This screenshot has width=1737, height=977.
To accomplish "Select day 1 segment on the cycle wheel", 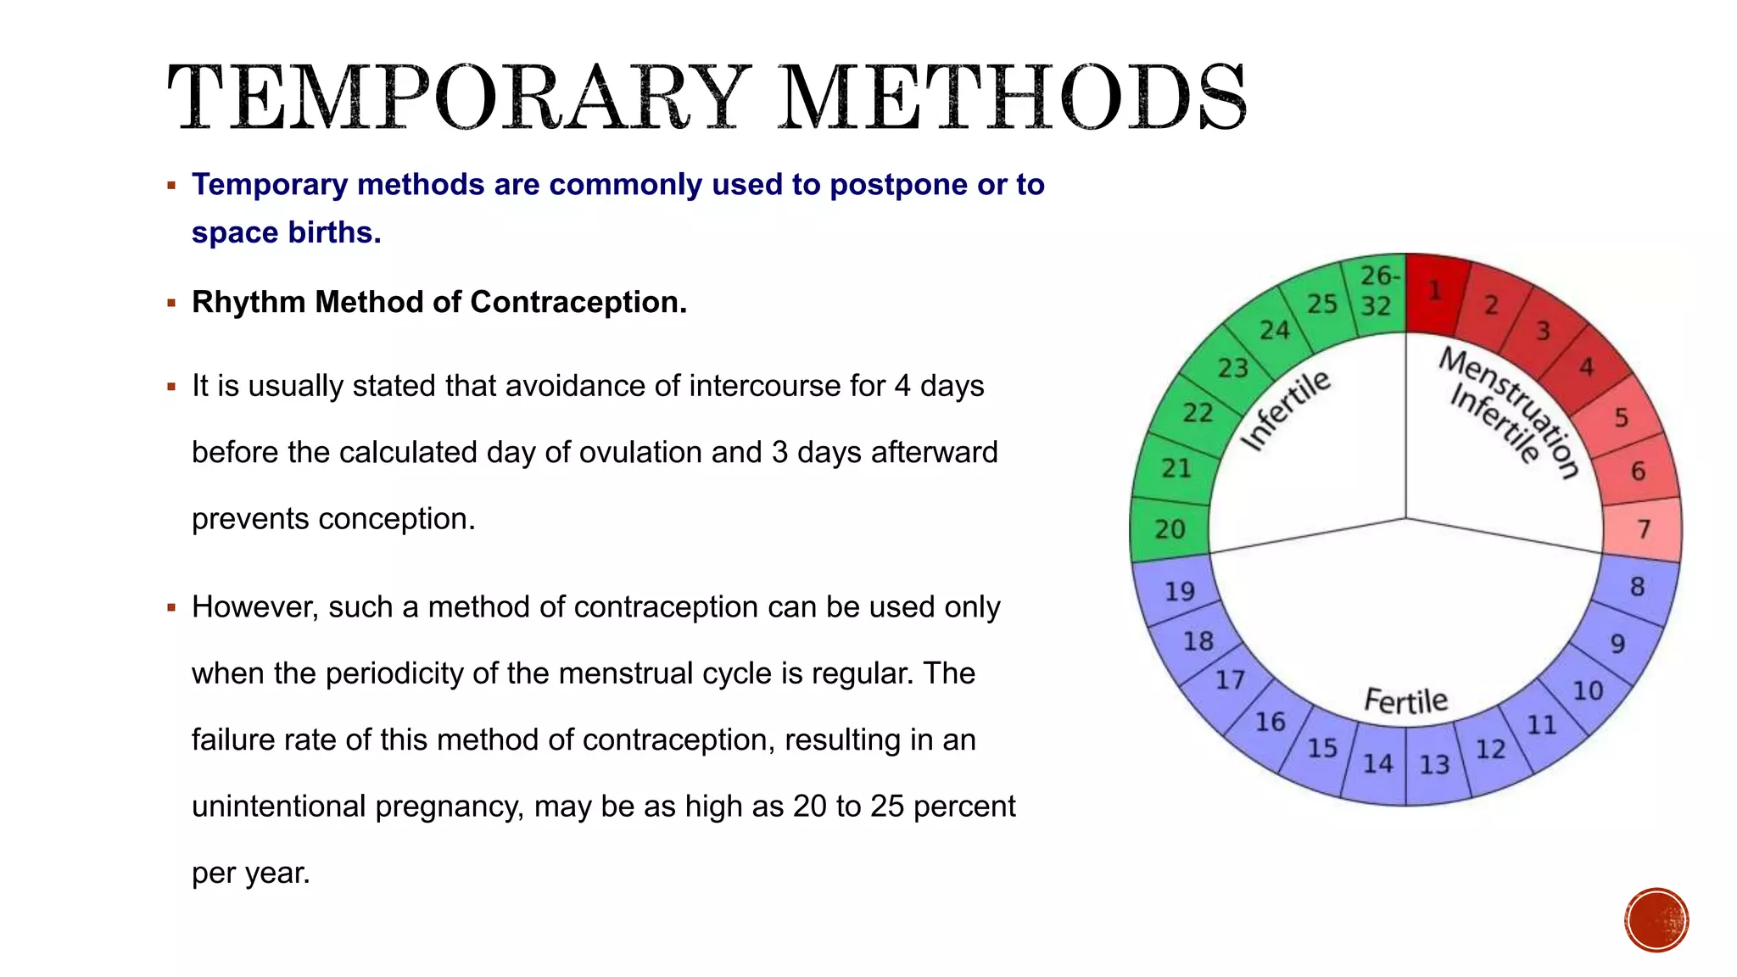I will pos(1436,292).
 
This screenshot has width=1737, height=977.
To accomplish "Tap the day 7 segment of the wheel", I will pos(1643,529).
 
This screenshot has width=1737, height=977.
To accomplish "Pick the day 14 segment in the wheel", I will pos(1377,764).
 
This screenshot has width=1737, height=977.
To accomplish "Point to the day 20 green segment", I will pos(1170,529).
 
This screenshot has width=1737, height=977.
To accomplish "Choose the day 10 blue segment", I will pos(1588,691).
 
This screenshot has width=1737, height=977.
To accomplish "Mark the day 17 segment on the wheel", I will pos(1230,680).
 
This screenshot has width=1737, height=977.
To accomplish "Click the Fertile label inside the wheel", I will pos(1405,701).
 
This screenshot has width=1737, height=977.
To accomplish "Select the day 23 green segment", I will pos(1232,368).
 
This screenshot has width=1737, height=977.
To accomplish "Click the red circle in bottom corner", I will pos(1656,920).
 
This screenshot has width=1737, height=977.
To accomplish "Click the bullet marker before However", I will pos(171,608).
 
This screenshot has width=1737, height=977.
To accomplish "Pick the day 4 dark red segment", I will pos(1586,367).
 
